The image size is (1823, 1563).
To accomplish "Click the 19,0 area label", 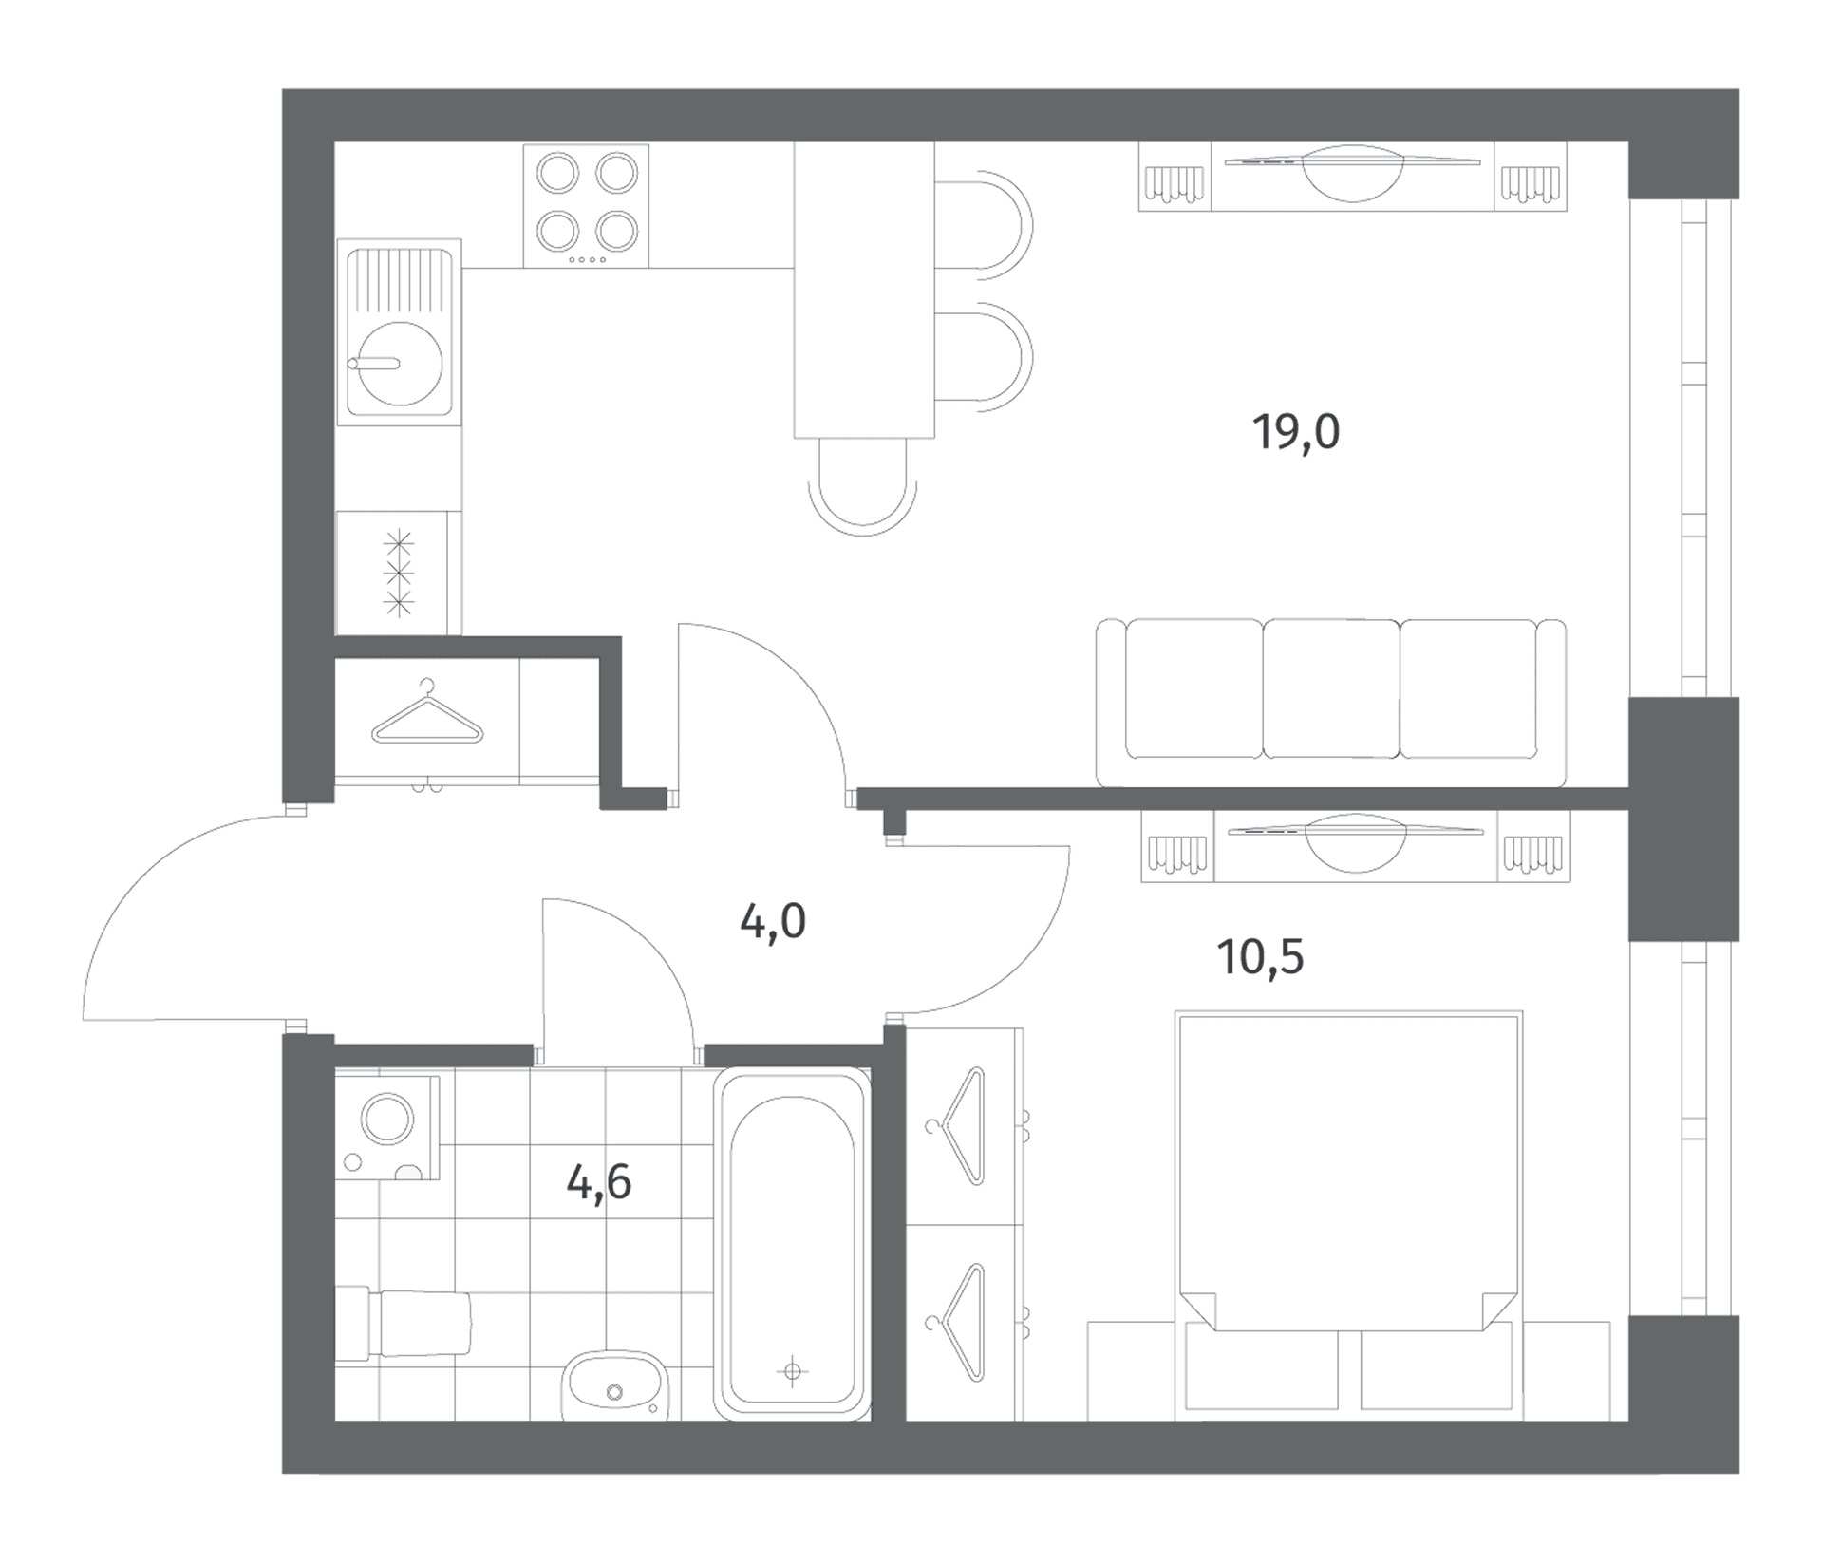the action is [x=1296, y=432].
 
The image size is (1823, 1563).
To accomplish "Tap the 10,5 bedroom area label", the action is [x=1260, y=957].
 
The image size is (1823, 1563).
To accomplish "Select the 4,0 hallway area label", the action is [x=773, y=921].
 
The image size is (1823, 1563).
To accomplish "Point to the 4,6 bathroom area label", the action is [x=599, y=1183].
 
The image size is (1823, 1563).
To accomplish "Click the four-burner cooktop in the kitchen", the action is [x=586, y=205].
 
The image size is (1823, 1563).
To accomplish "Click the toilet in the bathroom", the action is [x=404, y=1324].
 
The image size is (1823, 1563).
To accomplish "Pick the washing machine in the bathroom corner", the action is [x=387, y=1127].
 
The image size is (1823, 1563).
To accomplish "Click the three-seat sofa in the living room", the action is [x=1331, y=703].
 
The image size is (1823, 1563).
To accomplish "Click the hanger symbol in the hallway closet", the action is [x=427, y=713].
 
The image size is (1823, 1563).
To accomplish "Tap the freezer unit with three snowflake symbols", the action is [x=399, y=573].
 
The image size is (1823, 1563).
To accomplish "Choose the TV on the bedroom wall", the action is [x=1356, y=842].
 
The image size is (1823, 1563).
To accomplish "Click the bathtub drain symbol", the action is [x=793, y=1371].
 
